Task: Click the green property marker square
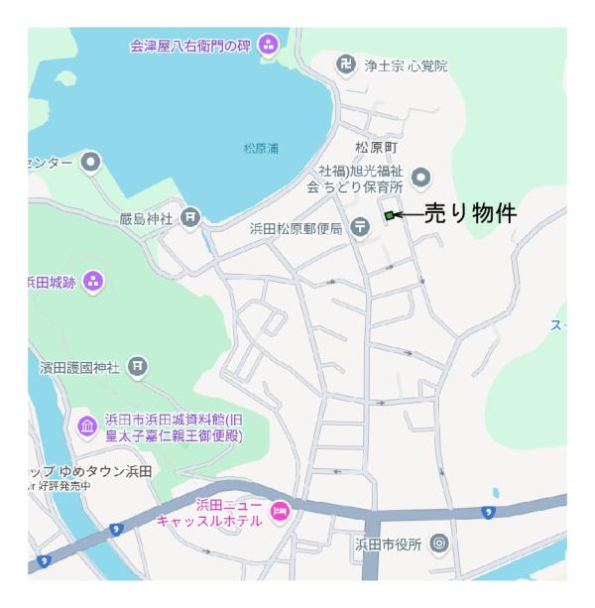click(x=389, y=215)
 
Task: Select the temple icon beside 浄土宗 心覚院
click(x=346, y=65)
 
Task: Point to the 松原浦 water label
click(x=261, y=149)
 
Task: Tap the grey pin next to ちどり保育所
click(x=421, y=178)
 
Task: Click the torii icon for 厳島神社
click(x=191, y=216)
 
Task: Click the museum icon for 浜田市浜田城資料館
click(x=87, y=426)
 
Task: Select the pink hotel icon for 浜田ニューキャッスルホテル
click(x=280, y=511)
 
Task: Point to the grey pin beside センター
click(x=91, y=161)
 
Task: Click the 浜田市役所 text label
click(x=389, y=544)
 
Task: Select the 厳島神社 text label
click(x=147, y=216)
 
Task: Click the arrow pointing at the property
click(x=409, y=214)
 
